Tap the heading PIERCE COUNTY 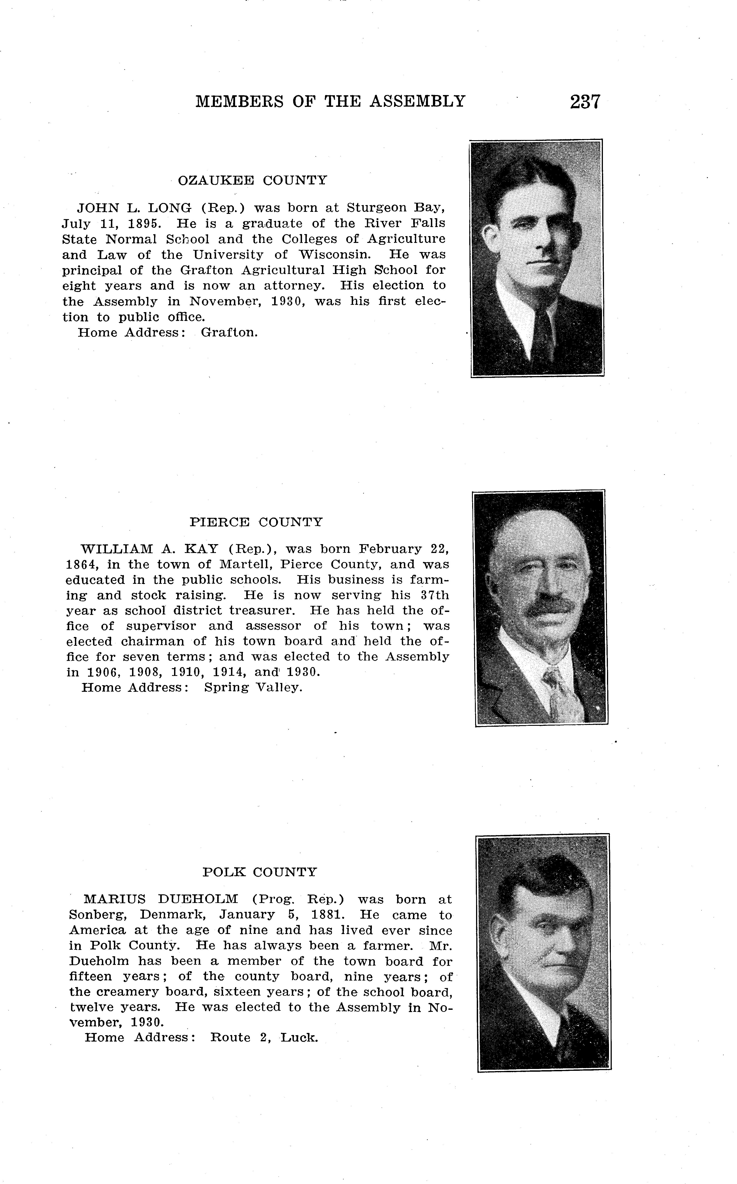256,522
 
